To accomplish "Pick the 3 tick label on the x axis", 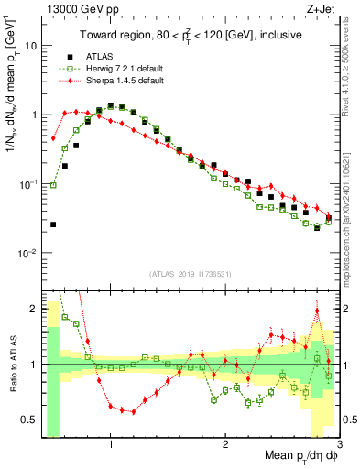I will coord(338,444).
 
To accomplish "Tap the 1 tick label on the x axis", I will coord(110,444).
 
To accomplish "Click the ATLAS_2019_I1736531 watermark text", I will coord(191,275).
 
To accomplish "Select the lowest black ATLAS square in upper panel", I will coord(53,224).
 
